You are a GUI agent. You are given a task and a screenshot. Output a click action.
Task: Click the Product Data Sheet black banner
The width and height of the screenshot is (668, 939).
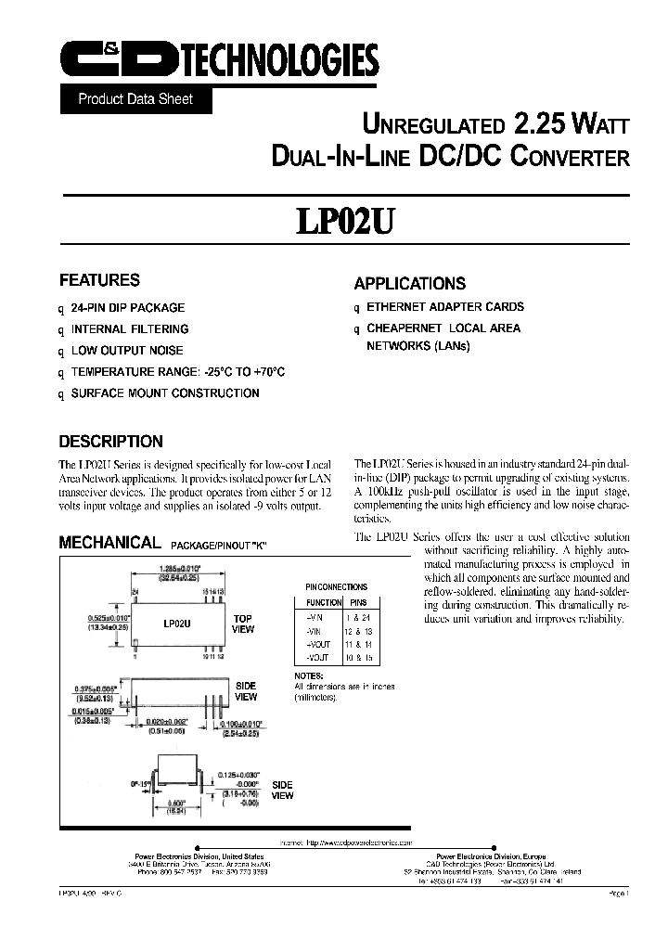[135, 98]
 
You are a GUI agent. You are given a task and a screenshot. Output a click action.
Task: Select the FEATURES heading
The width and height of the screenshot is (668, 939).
[99, 280]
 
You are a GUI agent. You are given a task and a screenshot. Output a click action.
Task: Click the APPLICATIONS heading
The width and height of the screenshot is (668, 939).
[409, 284]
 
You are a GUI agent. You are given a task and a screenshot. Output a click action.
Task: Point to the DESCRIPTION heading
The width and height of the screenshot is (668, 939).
[110, 442]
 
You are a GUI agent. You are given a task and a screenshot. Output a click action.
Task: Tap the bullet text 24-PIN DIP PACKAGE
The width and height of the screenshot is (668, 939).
[128, 307]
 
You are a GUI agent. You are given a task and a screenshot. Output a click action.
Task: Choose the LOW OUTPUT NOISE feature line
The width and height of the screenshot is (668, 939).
[127, 350]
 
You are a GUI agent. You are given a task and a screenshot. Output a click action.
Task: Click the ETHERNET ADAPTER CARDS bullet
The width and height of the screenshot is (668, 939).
[445, 306]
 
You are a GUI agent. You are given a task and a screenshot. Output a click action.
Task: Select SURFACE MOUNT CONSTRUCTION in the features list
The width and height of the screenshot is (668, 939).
[165, 392]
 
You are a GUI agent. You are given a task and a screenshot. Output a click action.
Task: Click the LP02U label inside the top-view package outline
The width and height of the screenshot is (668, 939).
[175, 625]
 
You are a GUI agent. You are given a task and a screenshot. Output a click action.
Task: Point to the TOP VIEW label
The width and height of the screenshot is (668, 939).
[242, 624]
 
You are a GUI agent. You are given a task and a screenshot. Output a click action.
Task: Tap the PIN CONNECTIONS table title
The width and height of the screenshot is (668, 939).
[336, 586]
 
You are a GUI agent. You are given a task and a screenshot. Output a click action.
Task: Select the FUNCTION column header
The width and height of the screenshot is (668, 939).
[324, 601]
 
